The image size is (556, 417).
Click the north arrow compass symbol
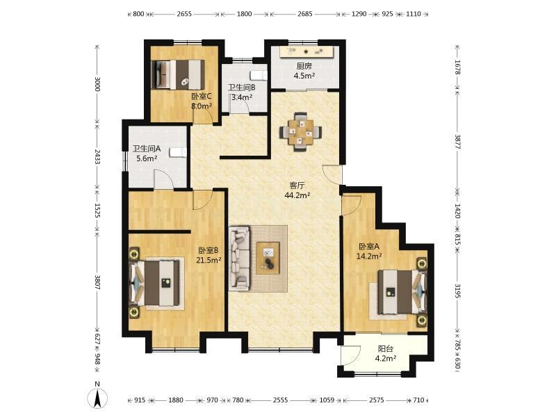coord(97,398)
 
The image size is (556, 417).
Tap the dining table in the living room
coord(301,132)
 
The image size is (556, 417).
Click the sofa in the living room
coord(240,259)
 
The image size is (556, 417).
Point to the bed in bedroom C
coord(179,74)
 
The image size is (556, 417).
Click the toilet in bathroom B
coord(258,76)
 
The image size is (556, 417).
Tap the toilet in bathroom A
coord(178,152)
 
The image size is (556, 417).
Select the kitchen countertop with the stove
coord(306,51)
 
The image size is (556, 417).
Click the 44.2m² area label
coord(298,195)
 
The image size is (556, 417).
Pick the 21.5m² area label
coord(209,260)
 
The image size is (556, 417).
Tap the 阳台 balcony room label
coord(386,349)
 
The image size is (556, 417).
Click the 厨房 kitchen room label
coord(304,66)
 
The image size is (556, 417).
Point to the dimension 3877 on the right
coord(458,142)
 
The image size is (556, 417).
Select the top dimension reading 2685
coord(305,14)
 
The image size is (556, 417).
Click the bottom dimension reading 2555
coord(280,400)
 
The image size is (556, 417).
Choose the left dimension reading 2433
coord(97,157)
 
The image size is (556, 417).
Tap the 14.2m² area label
coord(369,256)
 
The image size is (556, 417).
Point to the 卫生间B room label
coord(242,88)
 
